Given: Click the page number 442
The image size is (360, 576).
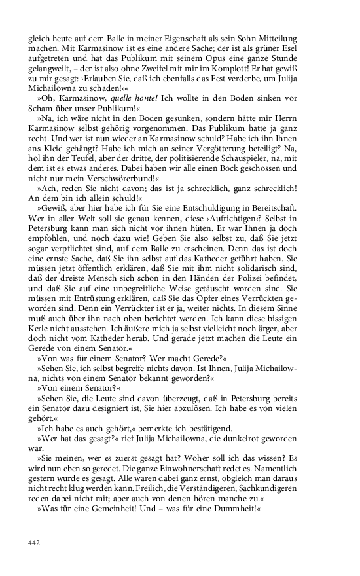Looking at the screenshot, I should [35, 543].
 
